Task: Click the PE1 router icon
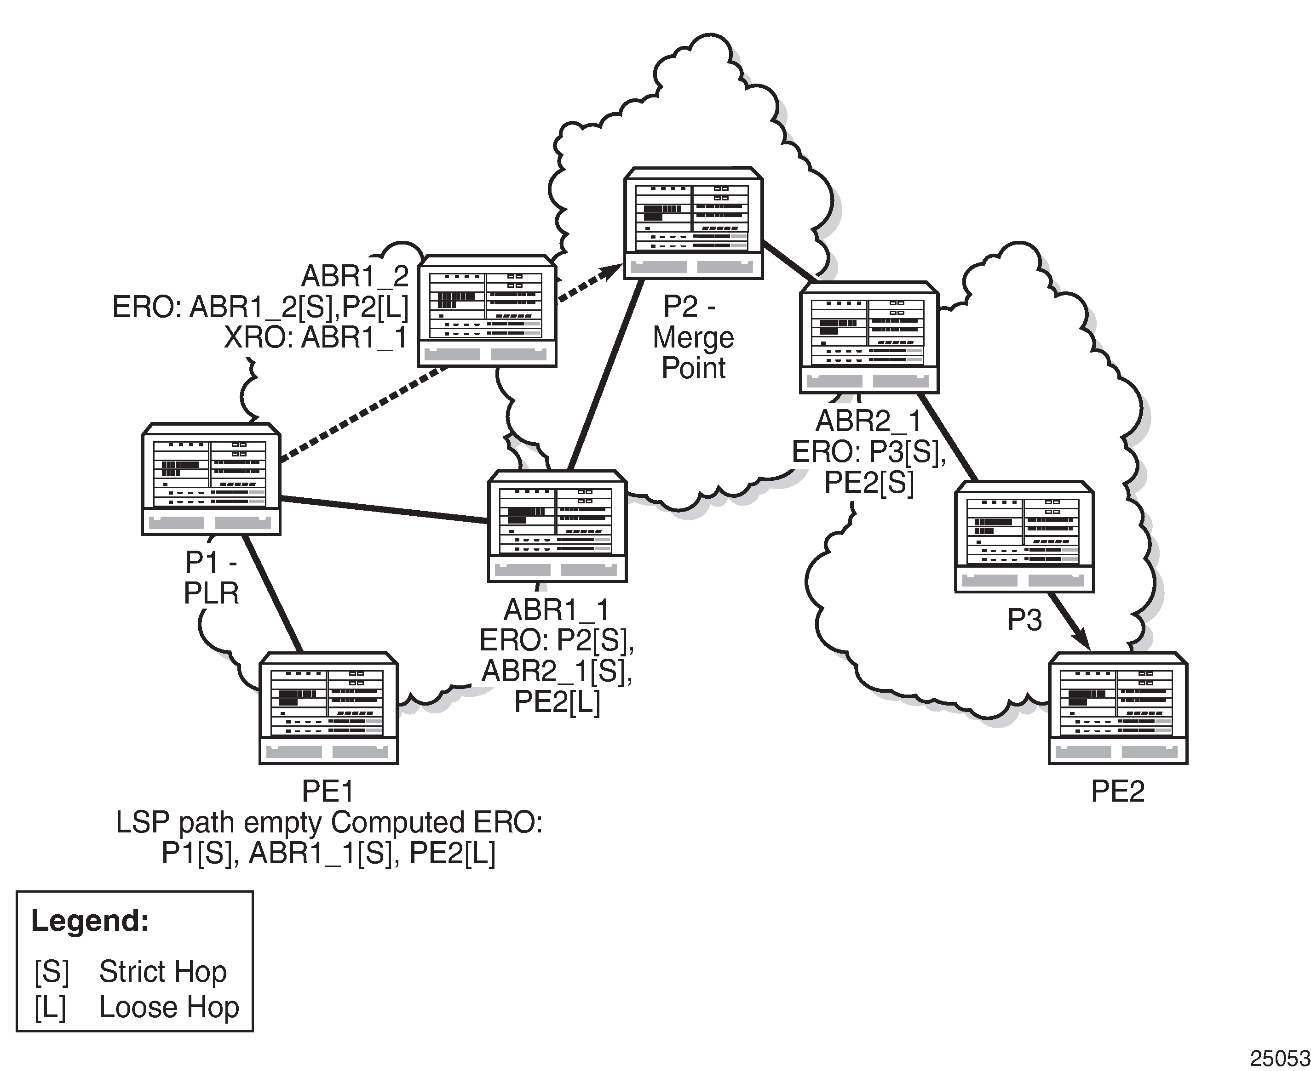coord(328,707)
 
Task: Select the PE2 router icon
coord(1118,707)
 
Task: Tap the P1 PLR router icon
coord(211,479)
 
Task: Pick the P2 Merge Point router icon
coord(693,222)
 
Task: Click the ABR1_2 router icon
coord(487,310)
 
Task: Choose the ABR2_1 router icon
coord(869,337)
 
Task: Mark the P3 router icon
coord(1024,536)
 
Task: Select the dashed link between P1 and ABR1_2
coord(364,414)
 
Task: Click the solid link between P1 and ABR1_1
coord(384,510)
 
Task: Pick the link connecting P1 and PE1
coord(271,593)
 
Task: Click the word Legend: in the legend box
coord(90,921)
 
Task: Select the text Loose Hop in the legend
coord(169,1007)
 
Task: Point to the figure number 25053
coord(1280,1059)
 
